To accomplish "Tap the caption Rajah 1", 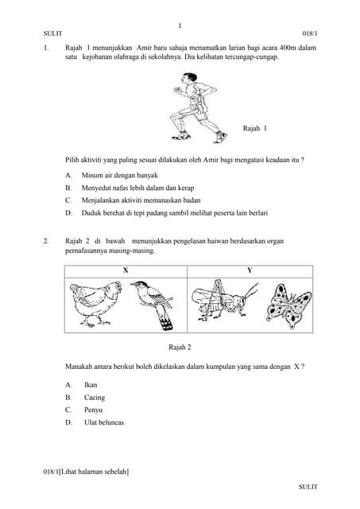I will click(254, 128).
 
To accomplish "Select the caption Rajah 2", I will click(180, 347).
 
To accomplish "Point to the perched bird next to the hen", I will click(153, 303).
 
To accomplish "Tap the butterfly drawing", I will click(288, 305).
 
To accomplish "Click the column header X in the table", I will click(125, 270).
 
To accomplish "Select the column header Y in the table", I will click(250, 270).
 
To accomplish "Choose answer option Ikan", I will click(91, 385).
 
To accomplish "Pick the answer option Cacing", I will click(94, 398).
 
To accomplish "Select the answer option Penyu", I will click(93, 410).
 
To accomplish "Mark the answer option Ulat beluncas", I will click(104, 422).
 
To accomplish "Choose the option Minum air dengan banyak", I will click(120, 175).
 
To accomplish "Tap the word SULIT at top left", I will click(53, 34).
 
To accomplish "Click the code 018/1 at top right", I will click(309, 34).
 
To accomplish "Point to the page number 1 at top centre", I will click(180, 25).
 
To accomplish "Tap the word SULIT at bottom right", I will click(308, 486).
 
